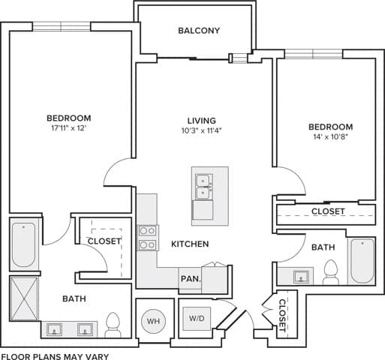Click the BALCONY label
[x=199, y=31]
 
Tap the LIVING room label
[x=202, y=121]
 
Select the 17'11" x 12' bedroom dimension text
[x=69, y=129]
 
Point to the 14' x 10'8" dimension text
[x=331, y=138]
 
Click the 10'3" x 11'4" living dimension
[x=202, y=131]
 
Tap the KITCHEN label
[x=190, y=244]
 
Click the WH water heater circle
[x=154, y=321]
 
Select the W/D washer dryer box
[x=197, y=318]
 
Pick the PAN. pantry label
[x=189, y=278]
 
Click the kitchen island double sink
[x=203, y=187]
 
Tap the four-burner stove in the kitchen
[x=147, y=238]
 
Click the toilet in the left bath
[x=114, y=324]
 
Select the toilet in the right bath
[x=331, y=271]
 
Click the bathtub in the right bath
[x=362, y=260]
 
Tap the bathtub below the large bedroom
[x=24, y=245]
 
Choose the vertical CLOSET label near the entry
[x=282, y=315]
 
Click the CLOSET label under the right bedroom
[x=328, y=211]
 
